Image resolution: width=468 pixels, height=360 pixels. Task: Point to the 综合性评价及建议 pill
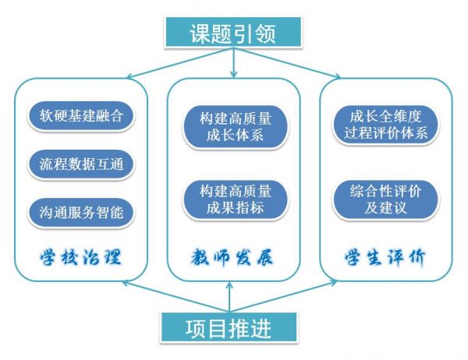(385, 198)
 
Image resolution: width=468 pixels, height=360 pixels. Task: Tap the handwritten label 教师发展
(233, 256)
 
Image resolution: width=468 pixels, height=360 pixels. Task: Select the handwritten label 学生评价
(386, 256)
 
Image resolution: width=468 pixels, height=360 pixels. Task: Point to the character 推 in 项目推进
(240, 329)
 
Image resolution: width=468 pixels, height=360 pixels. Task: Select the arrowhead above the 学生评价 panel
(337, 76)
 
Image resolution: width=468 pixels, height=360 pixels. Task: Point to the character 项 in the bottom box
(197, 329)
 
